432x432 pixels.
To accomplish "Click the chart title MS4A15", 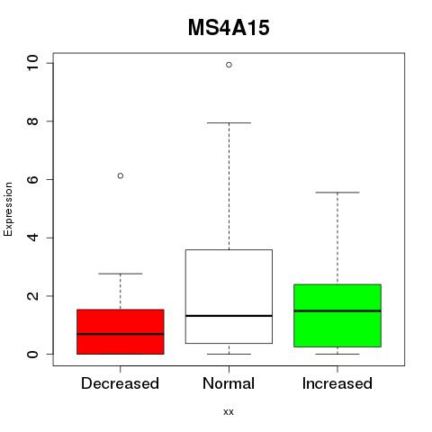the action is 229,28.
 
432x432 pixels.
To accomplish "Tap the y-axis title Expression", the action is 8,209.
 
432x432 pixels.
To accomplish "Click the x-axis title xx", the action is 229,411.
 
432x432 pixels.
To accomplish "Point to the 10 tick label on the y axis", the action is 32,63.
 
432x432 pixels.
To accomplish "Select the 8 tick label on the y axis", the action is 32,121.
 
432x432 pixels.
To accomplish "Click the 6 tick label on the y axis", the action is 32,179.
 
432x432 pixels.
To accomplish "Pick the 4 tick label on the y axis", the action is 32,238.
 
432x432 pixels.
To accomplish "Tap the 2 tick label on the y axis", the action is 32,296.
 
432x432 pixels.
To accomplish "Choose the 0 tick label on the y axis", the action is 32,354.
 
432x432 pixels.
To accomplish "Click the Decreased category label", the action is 120,383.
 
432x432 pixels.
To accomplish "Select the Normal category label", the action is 229,383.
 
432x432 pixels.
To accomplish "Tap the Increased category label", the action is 337,383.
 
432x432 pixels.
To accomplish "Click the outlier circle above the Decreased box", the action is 121,175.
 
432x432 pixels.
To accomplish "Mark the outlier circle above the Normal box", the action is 229,65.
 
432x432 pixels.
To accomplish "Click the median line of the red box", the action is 121,334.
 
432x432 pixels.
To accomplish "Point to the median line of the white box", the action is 229,316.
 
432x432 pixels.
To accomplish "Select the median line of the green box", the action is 337,310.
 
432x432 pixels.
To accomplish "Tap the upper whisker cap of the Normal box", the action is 229,122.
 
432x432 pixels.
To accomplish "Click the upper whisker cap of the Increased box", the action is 337,193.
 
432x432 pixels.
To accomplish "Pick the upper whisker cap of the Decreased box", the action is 121,274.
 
